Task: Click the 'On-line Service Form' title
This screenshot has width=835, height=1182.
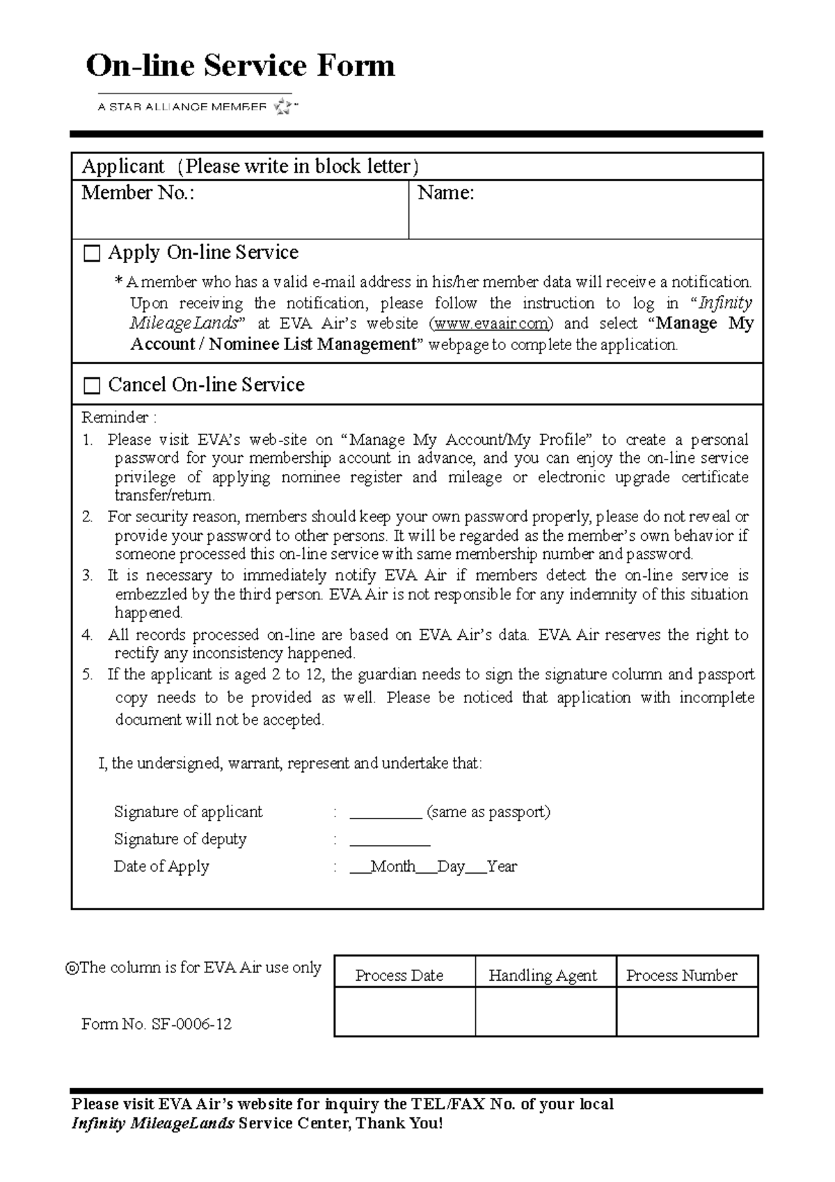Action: [240, 66]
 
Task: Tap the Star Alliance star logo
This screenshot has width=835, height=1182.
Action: [284, 107]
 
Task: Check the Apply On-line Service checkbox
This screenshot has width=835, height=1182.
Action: [92, 253]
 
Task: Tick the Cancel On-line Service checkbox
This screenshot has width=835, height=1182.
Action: [92, 386]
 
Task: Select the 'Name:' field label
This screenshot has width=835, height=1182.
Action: [445, 193]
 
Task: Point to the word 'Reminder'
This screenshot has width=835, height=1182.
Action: [115, 418]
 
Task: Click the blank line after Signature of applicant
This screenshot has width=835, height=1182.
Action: [385, 813]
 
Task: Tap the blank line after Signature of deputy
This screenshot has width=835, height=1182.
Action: [390, 840]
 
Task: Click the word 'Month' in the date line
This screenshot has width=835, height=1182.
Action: [393, 867]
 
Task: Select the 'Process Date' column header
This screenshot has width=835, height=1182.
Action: [399, 975]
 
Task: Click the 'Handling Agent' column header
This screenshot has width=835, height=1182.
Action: [543, 975]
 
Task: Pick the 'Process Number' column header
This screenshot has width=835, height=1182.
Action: [682, 975]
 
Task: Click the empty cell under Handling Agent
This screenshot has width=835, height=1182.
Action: [546, 1011]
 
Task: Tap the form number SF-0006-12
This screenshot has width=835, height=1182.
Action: [191, 1024]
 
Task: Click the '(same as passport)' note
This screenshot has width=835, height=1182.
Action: [488, 812]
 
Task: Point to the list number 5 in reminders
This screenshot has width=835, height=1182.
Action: [87, 674]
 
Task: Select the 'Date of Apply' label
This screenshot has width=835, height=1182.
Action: [161, 867]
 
